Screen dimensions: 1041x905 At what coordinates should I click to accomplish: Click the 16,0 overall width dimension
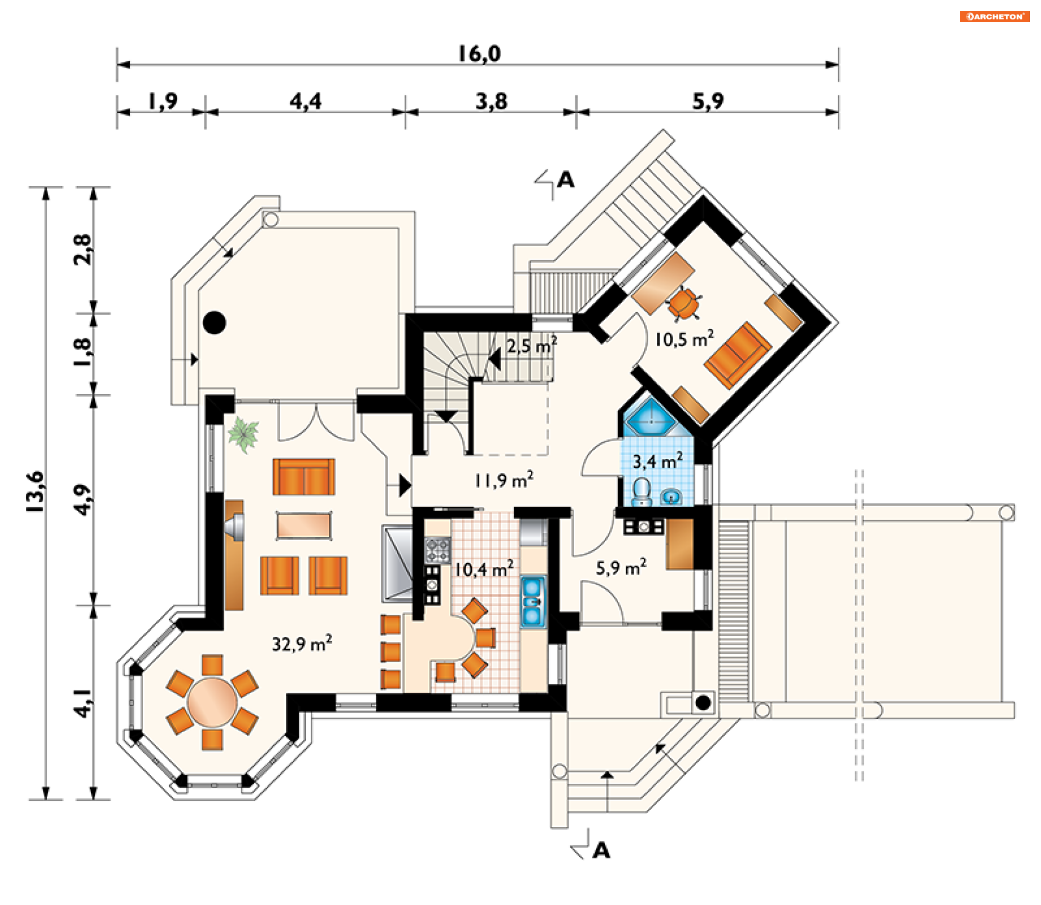479,54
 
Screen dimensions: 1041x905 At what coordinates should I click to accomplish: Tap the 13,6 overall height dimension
35,492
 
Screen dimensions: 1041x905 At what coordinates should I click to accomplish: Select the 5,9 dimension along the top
708,101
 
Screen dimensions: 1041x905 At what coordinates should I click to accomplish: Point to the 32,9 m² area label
302,643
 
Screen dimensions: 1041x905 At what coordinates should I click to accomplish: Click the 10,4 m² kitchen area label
484,569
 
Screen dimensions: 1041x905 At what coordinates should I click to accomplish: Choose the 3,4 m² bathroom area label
658,461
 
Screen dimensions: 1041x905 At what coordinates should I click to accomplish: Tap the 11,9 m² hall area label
504,480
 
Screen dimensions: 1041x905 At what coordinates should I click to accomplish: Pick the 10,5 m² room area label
684,339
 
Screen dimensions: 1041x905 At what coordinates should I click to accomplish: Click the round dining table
212,702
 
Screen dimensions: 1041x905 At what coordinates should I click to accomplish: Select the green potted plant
243,435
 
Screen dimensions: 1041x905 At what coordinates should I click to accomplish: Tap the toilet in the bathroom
641,491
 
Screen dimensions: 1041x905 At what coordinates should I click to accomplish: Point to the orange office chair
684,304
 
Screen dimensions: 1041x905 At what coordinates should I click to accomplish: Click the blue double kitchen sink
532,602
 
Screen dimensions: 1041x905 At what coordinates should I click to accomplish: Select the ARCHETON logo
995,16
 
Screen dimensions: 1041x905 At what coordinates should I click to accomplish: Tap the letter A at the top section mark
566,179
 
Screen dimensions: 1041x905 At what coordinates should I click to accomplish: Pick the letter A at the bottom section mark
601,850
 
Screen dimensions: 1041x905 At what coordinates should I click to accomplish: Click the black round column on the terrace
214,322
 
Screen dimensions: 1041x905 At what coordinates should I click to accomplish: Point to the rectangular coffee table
304,525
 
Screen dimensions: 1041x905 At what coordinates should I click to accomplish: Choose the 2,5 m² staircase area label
531,345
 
